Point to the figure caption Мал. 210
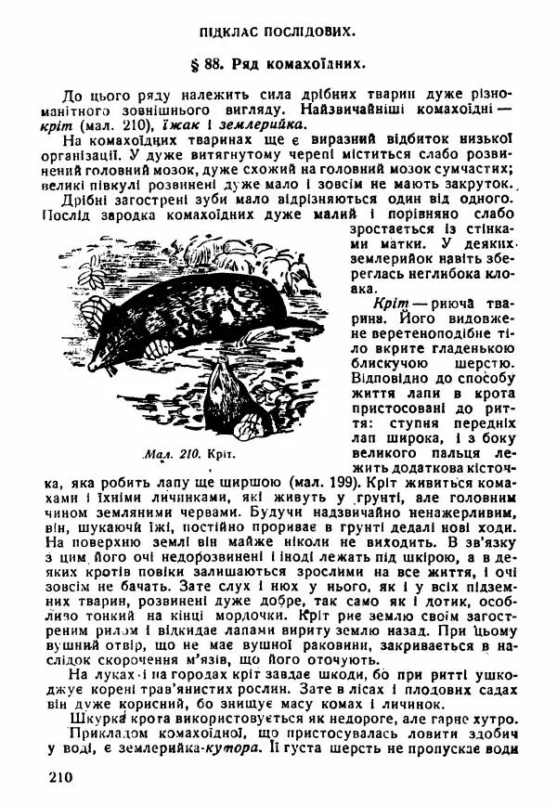click(166, 455)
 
